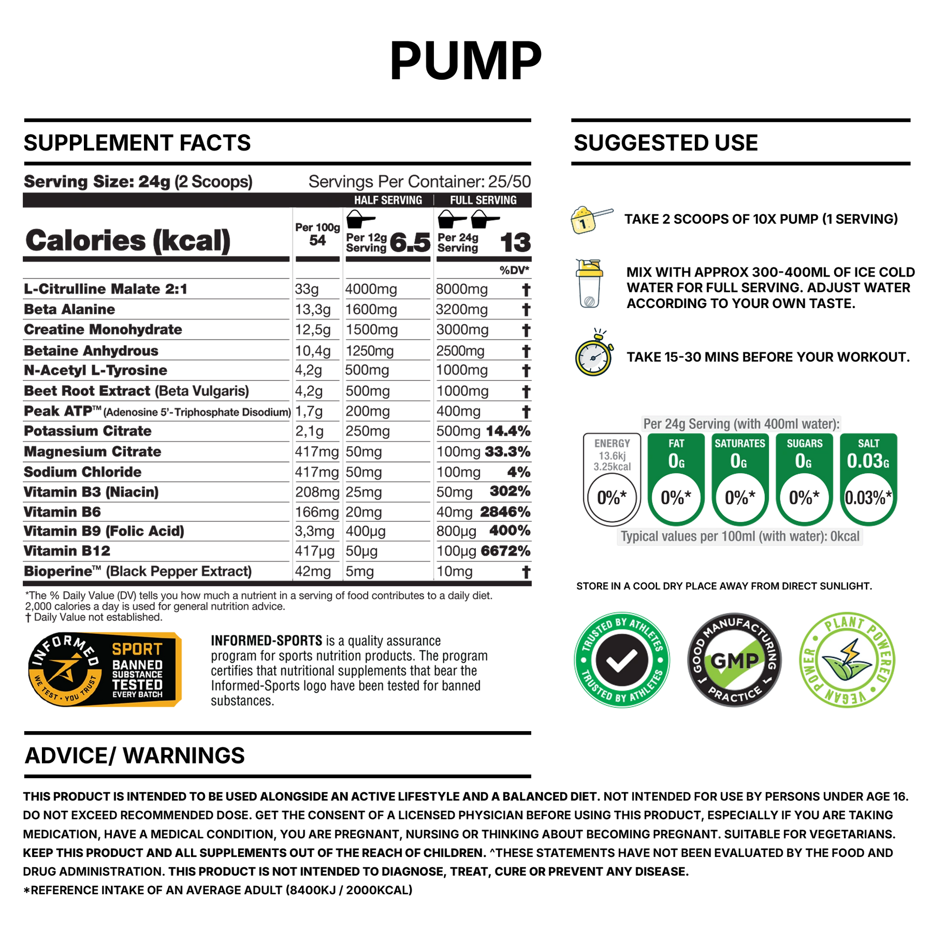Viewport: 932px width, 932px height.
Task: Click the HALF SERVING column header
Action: point(388,200)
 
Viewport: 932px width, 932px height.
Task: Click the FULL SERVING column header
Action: point(483,200)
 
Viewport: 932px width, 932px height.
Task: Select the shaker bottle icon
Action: point(589,283)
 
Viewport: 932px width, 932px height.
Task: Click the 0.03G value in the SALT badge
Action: point(868,461)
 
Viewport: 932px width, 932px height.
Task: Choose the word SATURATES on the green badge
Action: point(740,443)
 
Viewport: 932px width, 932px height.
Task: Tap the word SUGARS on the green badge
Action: point(805,443)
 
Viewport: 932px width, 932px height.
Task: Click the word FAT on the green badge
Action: point(676,443)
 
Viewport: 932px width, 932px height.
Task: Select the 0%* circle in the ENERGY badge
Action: point(612,498)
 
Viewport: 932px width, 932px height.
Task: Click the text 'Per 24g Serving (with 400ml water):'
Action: point(741,424)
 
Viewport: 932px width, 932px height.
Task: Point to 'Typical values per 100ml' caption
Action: point(740,536)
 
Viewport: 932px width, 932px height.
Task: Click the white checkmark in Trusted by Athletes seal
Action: point(622,660)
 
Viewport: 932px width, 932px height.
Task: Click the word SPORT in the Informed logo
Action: point(137,649)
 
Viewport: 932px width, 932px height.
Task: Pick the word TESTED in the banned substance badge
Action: point(137,684)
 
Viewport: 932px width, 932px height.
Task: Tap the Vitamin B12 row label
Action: point(67,551)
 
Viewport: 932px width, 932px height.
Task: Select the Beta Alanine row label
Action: point(70,310)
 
